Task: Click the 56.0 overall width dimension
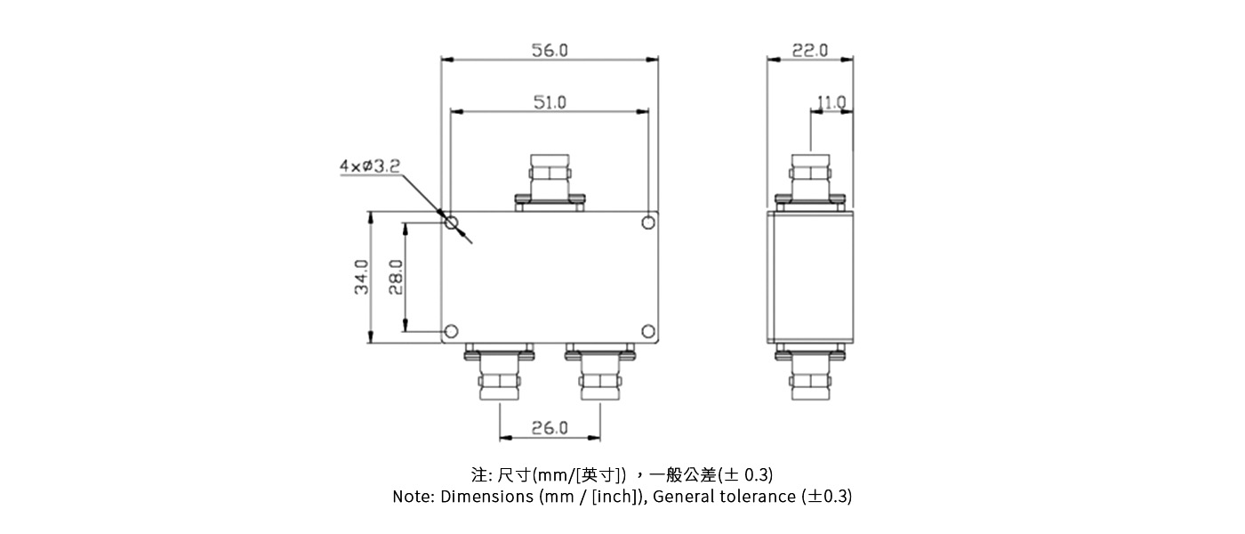550,51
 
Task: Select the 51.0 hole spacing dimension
550,102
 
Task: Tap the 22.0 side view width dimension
810,51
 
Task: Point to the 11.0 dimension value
831,103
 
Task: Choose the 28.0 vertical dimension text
397,277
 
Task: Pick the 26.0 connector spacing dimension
550,428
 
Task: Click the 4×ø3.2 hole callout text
369,166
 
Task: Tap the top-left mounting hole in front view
452,222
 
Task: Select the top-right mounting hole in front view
648,222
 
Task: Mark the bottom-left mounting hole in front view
452,332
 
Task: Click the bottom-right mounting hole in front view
648,332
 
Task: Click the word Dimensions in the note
487,497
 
